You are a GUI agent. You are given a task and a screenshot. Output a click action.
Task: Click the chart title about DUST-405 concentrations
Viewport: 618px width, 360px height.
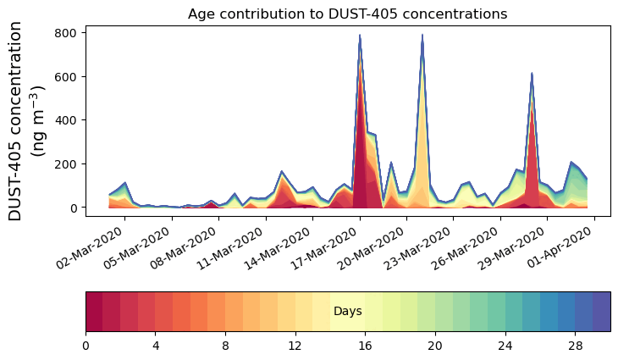click(347, 14)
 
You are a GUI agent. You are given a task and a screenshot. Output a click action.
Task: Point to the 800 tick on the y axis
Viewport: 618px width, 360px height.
click(67, 33)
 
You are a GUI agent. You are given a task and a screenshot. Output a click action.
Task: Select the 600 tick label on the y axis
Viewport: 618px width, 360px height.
click(67, 77)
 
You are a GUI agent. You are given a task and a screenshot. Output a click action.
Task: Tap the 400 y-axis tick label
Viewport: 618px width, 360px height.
click(67, 120)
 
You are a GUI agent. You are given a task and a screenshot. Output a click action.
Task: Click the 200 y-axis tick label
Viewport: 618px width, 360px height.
click(67, 164)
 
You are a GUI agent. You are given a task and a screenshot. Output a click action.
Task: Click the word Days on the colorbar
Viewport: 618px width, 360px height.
click(348, 312)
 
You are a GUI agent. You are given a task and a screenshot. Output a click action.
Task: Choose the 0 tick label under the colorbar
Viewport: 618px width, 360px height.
click(86, 346)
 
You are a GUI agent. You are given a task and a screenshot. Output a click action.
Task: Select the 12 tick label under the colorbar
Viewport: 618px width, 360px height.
click(295, 346)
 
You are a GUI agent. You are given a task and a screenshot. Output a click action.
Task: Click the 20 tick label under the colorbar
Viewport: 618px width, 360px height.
click(435, 346)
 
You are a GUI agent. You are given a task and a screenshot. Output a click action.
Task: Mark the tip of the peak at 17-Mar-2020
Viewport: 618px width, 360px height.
click(360, 36)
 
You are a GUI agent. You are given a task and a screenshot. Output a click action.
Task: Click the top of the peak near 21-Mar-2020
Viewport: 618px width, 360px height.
click(422, 36)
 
